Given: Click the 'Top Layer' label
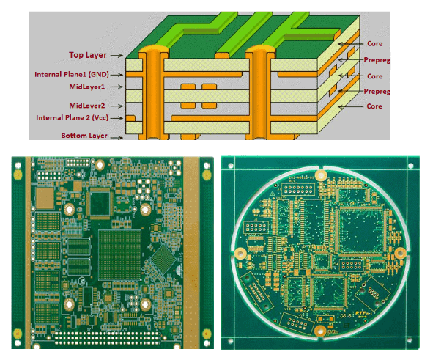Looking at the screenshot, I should pos(87,54).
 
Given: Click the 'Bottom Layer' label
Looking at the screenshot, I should pos(81,136).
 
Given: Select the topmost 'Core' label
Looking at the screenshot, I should pos(374,43).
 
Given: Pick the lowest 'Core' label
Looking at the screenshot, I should pos(374,106).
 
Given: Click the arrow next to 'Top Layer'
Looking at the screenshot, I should pos(118,55).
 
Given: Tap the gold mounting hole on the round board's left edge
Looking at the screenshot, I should pos(238,252).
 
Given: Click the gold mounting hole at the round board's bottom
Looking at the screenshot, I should pos(319,331).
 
